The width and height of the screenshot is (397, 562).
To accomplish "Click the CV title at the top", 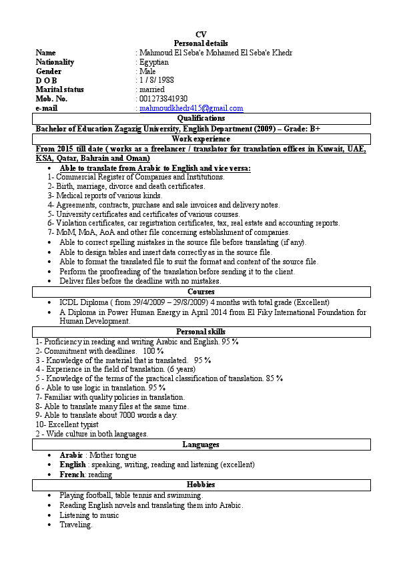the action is [201, 34].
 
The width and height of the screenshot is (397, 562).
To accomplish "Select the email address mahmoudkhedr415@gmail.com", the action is [191, 108].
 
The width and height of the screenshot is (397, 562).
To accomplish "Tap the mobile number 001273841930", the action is [162, 99].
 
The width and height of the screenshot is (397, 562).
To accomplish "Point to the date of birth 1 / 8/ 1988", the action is [157, 80].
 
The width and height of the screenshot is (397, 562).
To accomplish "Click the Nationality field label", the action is [55, 62].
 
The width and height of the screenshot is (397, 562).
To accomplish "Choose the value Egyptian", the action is [153, 62].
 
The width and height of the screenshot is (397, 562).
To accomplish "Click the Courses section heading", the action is [201, 292].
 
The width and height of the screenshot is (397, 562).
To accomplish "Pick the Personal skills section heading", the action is [201, 331].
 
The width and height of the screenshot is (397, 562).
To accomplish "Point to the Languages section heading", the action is [201, 445].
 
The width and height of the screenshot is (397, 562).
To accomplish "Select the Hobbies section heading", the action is [201, 484].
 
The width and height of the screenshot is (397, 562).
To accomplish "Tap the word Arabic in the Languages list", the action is [71, 455].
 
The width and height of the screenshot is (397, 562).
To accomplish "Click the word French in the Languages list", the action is [72, 475].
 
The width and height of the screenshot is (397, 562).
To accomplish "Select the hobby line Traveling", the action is [76, 525].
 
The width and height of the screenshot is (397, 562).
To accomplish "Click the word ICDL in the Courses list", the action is [69, 302].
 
